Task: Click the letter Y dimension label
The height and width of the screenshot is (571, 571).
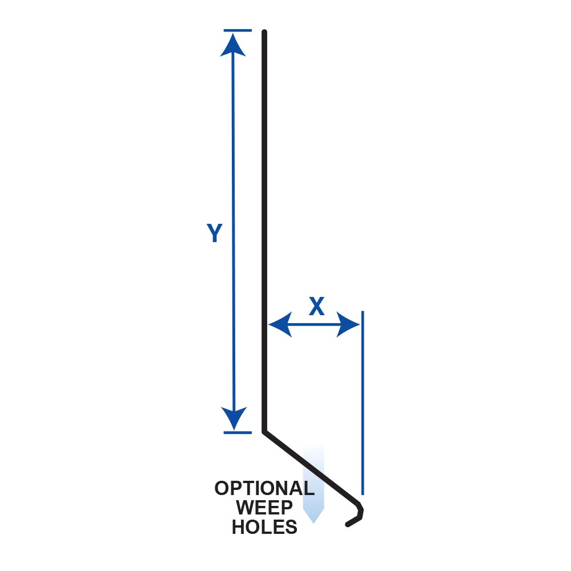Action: pos(215,233)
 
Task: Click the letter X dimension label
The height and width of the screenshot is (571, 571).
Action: pos(316,306)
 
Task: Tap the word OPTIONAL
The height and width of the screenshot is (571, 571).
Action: pos(264,488)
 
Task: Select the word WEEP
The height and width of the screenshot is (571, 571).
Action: pos(264,507)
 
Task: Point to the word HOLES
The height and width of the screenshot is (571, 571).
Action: pos(265,527)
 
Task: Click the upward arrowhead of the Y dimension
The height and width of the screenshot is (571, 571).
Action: pos(233,45)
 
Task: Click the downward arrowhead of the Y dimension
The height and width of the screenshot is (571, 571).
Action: pos(234,419)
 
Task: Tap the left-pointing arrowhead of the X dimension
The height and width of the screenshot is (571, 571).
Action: pos(280,324)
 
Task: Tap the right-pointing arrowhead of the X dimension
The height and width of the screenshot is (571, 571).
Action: pos(348,324)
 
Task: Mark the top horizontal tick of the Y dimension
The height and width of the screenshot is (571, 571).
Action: pos(238,31)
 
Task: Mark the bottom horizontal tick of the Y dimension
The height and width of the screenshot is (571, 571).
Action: pos(238,433)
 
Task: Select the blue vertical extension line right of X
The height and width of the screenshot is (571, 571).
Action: pos(363,403)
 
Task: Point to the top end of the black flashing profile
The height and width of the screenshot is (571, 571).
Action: pos(264,31)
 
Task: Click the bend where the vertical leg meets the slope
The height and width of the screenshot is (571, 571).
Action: pos(264,431)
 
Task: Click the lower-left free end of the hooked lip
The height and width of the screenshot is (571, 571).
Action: pos(347,525)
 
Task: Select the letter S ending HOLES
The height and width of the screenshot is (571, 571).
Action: pos(291,527)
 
